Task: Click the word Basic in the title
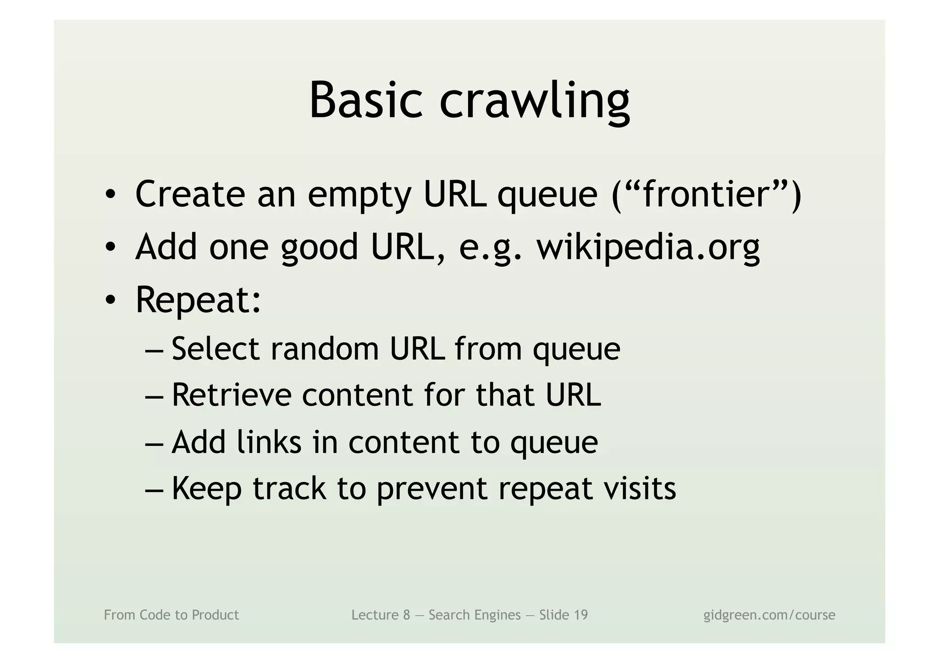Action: click(x=365, y=101)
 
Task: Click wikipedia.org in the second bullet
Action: click(x=648, y=247)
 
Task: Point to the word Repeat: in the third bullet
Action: click(x=198, y=300)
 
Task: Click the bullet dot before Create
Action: click(x=110, y=195)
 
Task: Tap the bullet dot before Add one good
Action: click(x=110, y=248)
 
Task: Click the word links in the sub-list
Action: click(x=269, y=442)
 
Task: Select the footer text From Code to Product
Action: click(x=171, y=615)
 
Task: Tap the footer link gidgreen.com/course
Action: click(x=769, y=615)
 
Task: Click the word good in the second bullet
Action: click(x=319, y=248)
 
